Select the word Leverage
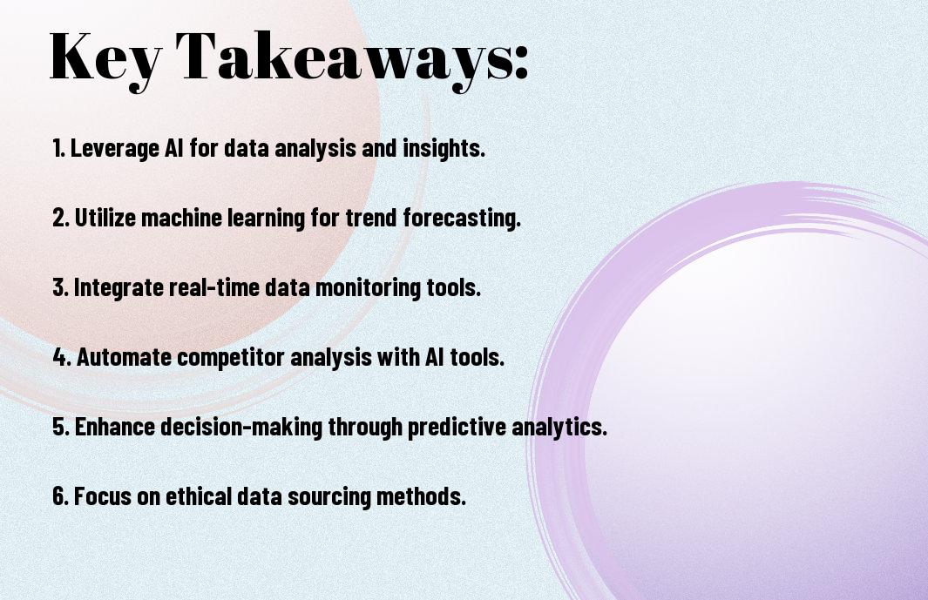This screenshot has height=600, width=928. click(115, 149)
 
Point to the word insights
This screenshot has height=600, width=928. click(444, 149)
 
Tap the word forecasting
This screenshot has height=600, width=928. click(462, 218)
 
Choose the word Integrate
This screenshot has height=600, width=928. click(119, 287)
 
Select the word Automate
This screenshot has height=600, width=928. click(124, 357)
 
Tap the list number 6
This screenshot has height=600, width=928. click(60, 496)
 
